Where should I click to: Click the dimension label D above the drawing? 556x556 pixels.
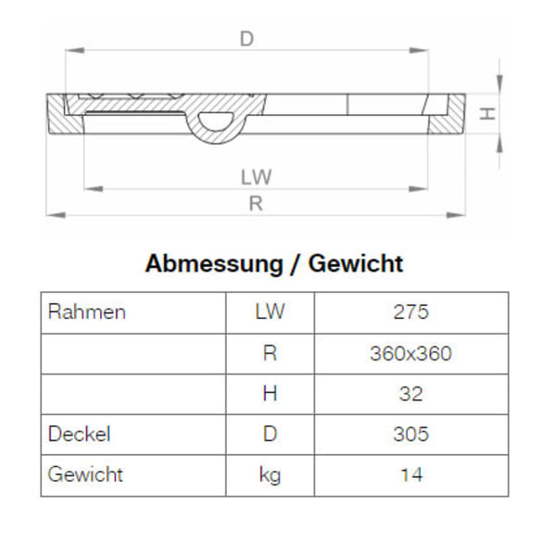coord(246,38)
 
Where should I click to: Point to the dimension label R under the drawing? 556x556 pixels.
coord(256,204)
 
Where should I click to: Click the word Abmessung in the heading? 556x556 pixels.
coord(211,264)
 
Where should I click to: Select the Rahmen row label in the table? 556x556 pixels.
coord(86,312)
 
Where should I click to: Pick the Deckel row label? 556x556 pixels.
coord(79,434)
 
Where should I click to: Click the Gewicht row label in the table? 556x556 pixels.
coord(85,474)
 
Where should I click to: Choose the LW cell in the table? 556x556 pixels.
coord(270,312)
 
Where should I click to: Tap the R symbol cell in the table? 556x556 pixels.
coord(270,353)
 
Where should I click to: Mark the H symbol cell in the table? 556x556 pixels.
coord(270,394)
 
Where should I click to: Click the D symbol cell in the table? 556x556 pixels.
coord(270,434)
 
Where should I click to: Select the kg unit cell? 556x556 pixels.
coord(270,474)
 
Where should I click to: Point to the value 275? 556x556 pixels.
coord(411,312)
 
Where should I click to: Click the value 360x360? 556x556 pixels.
coord(411,353)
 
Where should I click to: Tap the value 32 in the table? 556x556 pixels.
coord(411,394)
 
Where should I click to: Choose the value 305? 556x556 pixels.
coord(411,434)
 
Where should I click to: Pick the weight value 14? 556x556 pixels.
coord(411,474)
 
